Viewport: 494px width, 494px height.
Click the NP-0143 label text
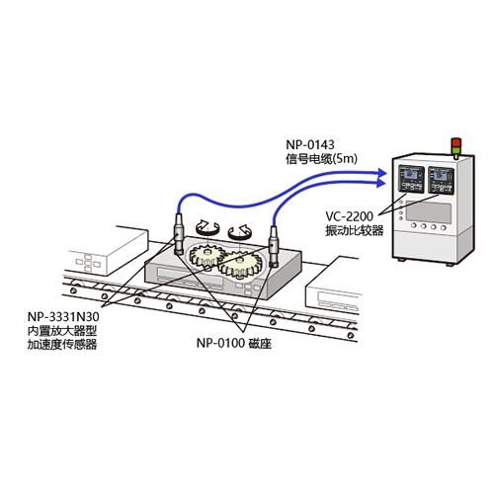tap(310, 145)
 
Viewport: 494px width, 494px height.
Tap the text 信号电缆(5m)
tap(321, 159)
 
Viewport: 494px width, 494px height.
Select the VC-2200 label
tap(349, 216)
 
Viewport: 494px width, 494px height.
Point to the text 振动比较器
tap(355, 230)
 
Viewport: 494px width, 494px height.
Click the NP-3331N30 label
tap(63, 317)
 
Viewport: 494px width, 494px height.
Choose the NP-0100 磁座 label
tap(234, 343)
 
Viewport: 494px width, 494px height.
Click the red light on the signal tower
tap(455, 142)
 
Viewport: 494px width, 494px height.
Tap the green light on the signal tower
tap(455, 151)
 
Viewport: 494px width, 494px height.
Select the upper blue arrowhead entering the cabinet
tap(381, 173)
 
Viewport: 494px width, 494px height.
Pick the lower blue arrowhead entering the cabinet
tap(381, 183)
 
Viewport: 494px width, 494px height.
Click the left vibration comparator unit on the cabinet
tap(411, 179)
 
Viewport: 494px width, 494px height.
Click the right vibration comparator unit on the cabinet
tap(441, 180)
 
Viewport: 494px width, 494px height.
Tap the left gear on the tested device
tap(206, 256)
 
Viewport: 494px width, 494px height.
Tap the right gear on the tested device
tap(240, 265)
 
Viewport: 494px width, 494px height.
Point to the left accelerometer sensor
tap(178, 234)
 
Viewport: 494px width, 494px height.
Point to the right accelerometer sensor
tap(274, 246)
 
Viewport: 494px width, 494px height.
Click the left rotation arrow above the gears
tap(207, 227)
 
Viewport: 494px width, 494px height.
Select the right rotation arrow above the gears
tap(240, 231)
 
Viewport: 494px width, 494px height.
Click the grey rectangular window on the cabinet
tap(428, 211)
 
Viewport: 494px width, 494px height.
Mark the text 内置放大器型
tap(62, 331)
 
